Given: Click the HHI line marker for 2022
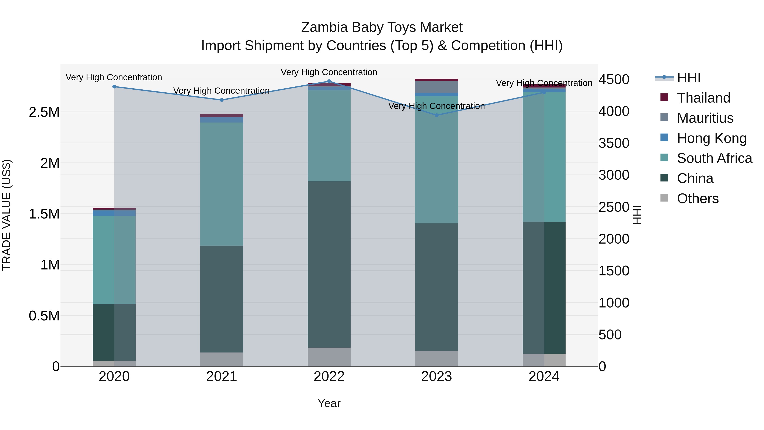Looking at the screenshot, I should (x=329, y=81).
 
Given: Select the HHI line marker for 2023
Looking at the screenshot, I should (x=436, y=115).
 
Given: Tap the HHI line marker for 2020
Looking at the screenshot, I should (x=114, y=87).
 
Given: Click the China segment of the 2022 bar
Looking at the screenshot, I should (x=329, y=264).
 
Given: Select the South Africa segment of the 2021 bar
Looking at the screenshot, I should (x=222, y=184).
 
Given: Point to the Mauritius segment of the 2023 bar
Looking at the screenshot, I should (x=436, y=87).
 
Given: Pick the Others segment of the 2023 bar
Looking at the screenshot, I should (x=436, y=358).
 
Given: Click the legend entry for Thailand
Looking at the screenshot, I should (x=704, y=98).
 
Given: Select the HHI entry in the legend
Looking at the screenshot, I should (x=689, y=78).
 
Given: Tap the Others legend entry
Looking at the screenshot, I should (x=698, y=199).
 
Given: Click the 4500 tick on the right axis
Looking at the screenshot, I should (x=614, y=80).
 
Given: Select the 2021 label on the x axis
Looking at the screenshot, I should (x=222, y=376).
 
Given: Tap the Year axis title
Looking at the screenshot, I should (x=329, y=403).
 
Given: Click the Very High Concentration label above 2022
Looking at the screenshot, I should (x=329, y=72).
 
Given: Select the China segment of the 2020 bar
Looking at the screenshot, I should (x=114, y=332).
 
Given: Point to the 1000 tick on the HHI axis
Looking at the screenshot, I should (x=614, y=303).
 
